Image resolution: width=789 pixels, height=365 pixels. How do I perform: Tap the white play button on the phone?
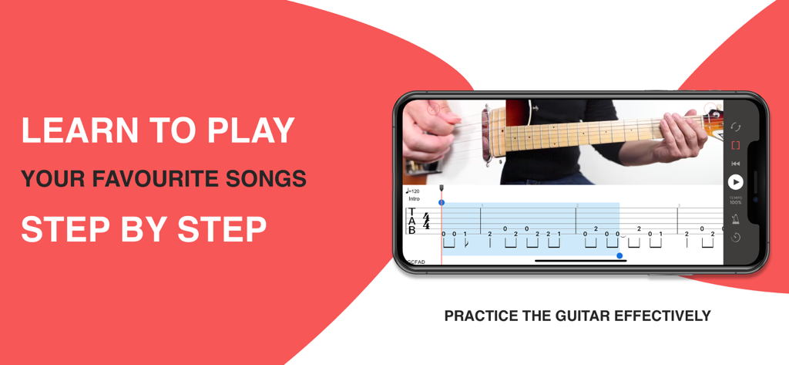coord(736,182)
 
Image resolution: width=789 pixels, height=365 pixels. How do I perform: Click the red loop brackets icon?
coord(736,145)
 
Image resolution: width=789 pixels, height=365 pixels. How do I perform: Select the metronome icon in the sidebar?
coord(736,220)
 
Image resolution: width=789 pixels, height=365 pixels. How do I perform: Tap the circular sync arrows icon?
coord(736,127)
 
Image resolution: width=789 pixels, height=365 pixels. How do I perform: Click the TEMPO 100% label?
coord(736,201)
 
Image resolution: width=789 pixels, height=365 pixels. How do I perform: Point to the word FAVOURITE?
coord(144,180)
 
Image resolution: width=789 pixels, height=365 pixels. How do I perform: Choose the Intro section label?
coord(415,199)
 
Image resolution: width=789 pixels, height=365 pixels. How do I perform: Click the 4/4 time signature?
coord(426,221)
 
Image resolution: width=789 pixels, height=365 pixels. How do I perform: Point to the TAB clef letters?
coord(412,221)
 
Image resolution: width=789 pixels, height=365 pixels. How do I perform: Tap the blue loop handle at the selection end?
coord(619,255)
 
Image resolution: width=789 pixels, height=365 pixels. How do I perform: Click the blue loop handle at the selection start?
coord(442,203)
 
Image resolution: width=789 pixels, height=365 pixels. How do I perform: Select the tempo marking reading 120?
coord(413,191)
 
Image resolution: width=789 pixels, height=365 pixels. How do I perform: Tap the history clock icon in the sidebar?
coord(736,238)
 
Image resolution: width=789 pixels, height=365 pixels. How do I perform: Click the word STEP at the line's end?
coord(223,229)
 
